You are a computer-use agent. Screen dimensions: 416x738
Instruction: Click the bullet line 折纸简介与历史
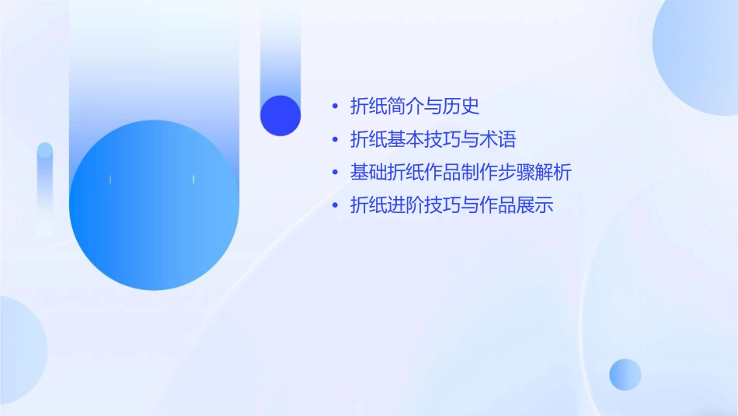pos(415,106)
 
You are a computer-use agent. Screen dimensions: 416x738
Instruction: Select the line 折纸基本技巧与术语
pos(433,140)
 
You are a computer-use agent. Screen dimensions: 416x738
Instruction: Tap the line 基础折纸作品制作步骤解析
pos(461,173)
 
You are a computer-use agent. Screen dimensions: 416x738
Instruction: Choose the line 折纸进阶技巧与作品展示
pos(451,206)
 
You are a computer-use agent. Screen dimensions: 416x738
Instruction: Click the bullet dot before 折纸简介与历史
pos(334,107)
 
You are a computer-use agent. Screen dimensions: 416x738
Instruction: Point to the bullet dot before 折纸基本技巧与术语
pos(334,140)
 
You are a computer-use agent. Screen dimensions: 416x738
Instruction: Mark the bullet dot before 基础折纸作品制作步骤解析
pos(334,173)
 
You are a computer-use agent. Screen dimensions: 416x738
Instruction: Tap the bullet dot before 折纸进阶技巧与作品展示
pos(334,206)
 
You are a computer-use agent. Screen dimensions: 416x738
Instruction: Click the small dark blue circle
pos(280,116)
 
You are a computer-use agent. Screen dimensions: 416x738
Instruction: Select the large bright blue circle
pos(154,205)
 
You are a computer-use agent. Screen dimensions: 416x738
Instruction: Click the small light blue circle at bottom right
pos(625,374)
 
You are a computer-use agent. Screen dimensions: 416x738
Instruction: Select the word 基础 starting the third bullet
pos(368,173)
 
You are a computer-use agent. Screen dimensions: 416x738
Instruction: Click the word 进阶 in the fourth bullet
pos(406,206)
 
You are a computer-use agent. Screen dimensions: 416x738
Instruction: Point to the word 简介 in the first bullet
pos(406,106)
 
